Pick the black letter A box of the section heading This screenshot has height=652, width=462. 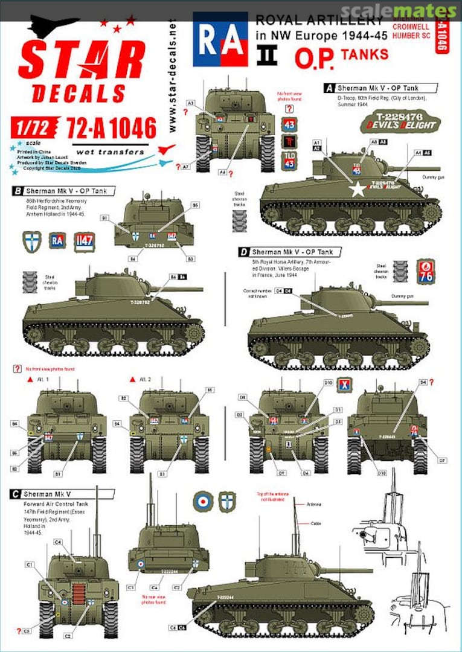pyautogui.click(x=330, y=88)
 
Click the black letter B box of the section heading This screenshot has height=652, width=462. pyautogui.click(x=17, y=191)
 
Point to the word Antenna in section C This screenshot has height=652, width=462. pyautogui.click(x=314, y=503)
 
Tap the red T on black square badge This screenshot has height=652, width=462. pyautogui.click(x=290, y=142)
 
